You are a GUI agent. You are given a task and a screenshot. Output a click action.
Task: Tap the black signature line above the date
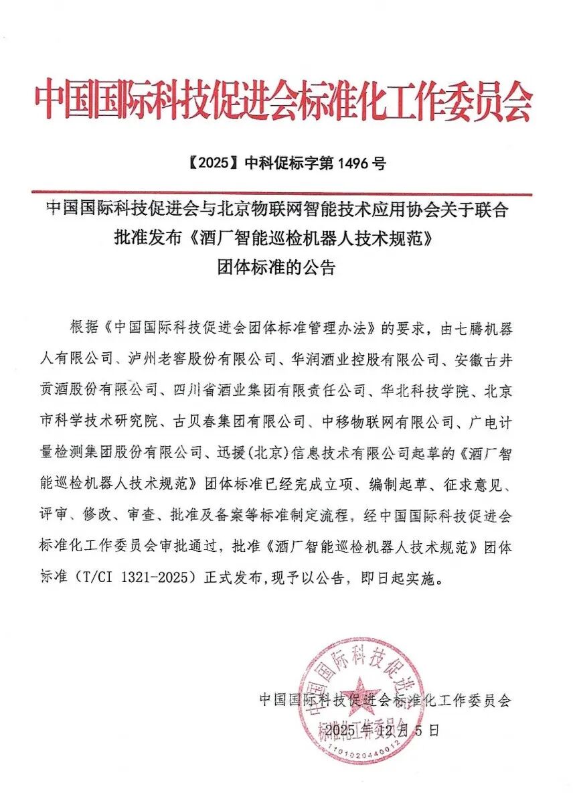pyautogui.click(x=385, y=700)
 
